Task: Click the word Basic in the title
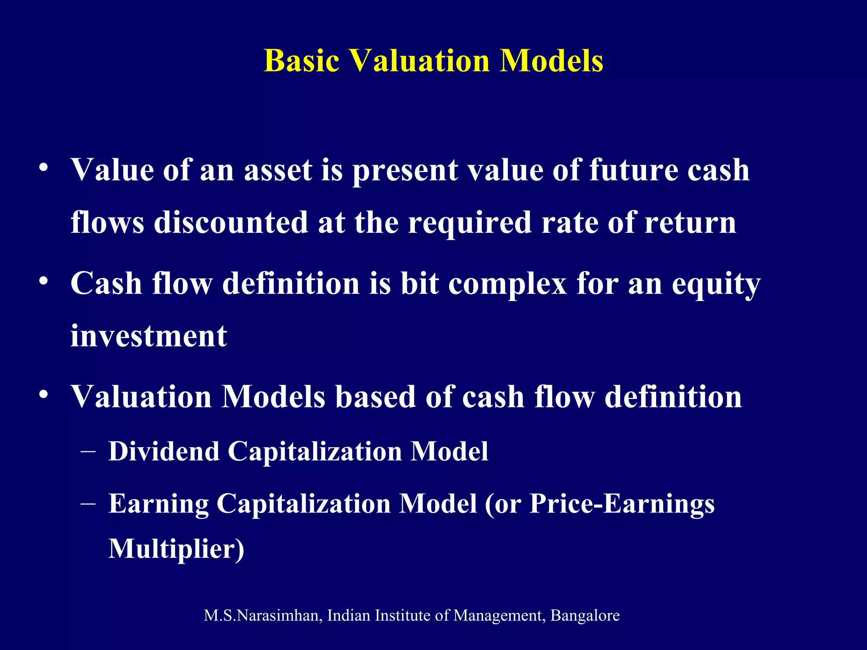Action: (x=301, y=61)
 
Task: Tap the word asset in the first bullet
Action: (x=278, y=170)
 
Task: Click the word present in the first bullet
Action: (x=405, y=171)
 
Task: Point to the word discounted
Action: (x=231, y=223)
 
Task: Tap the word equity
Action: (x=715, y=284)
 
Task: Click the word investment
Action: (x=149, y=336)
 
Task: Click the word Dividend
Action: (x=164, y=451)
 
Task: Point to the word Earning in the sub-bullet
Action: (x=158, y=504)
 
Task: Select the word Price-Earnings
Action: (x=622, y=504)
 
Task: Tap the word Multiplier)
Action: (x=176, y=549)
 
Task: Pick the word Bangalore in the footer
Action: (x=585, y=615)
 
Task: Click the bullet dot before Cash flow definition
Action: (x=43, y=281)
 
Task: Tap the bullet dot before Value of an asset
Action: (x=43, y=168)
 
